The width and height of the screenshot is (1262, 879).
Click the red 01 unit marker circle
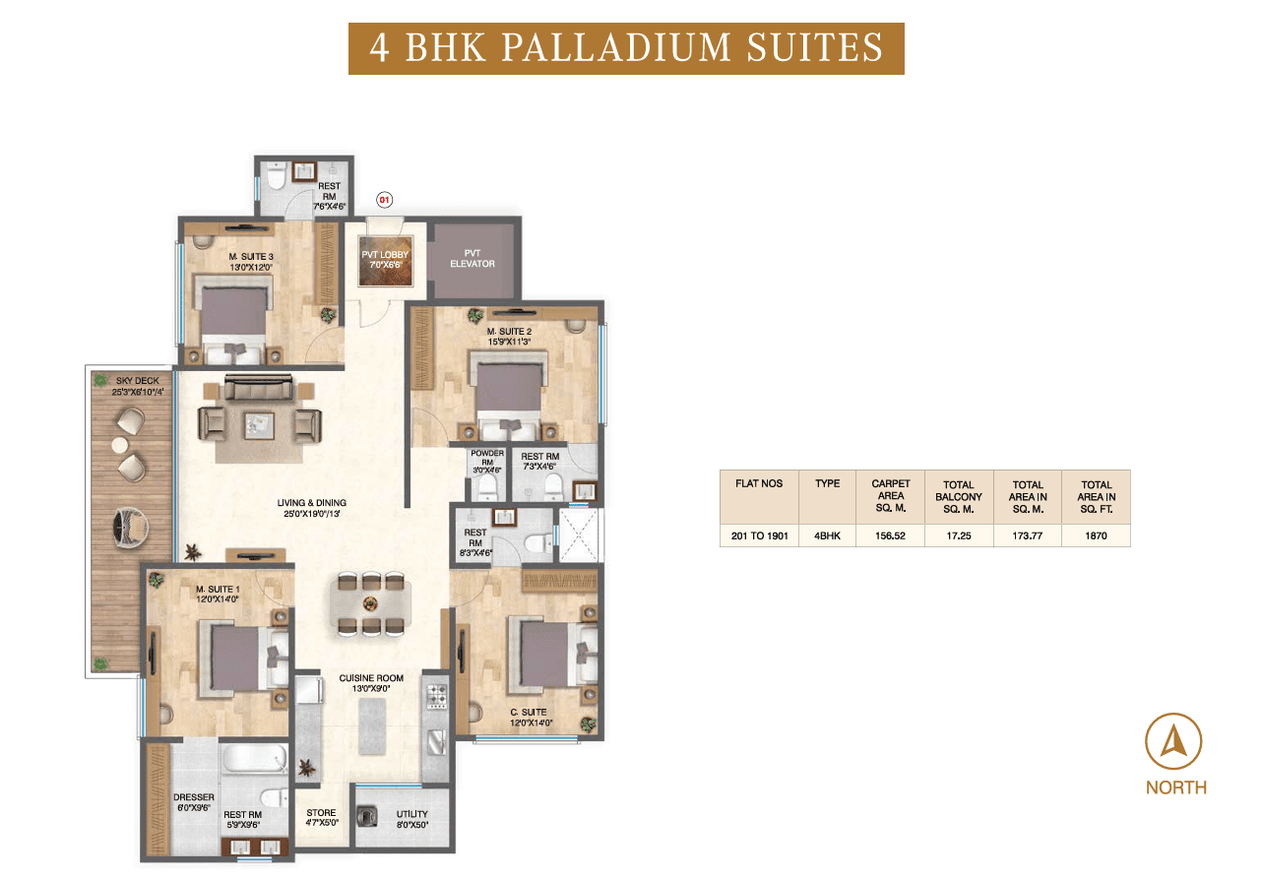click(x=384, y=200)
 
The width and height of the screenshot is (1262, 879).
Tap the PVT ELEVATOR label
click(x=473, y=259)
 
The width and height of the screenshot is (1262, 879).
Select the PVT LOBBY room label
click(x=385, y=260)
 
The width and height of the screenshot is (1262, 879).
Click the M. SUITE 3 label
click(x=251, y=262)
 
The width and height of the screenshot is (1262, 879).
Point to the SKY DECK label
click(x=138, y=386)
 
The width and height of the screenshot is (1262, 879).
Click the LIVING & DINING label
click(x=311, y=508)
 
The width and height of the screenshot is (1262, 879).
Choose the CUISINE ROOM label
click(x=371, y=683)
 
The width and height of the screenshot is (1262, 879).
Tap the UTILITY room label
click(x=411, y=819)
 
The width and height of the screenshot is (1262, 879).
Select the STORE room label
click(x=322, y=818)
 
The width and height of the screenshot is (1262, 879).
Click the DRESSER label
click(x=194, y=802)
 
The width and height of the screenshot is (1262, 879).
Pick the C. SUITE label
click(x=531, y=718)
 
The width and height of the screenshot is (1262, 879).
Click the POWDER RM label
click(x=487, y=462)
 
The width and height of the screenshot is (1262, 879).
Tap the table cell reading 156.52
click(x=890, y=535)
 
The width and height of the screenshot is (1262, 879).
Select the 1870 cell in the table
click(x=1096, y=535)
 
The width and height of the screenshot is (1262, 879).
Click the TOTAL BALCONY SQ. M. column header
click(x=959, y=497)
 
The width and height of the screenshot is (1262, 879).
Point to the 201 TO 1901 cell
click(x=759, y=535)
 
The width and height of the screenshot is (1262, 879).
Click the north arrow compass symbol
click(x=1173, y=741)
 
